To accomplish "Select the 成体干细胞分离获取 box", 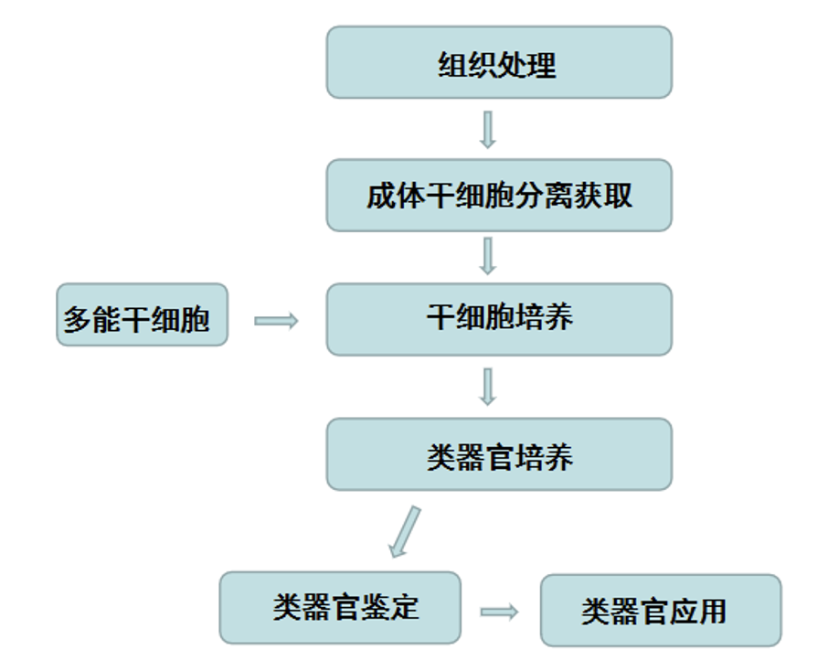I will point(499,195).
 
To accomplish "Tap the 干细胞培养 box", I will point(499,319).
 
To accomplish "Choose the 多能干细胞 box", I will point(142,314).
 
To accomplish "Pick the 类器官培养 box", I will point(499,454).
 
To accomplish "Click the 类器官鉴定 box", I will point(340,608).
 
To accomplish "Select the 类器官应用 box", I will point(661,611).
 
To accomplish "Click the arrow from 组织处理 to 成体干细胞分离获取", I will point(487,129).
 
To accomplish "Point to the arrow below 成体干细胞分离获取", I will point(487,256).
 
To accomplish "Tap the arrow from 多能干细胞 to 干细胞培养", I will point(276,321).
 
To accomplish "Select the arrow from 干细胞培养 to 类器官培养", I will point(487,387).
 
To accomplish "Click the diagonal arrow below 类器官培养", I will point(404,531).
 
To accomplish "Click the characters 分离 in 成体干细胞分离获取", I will point(545,196).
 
